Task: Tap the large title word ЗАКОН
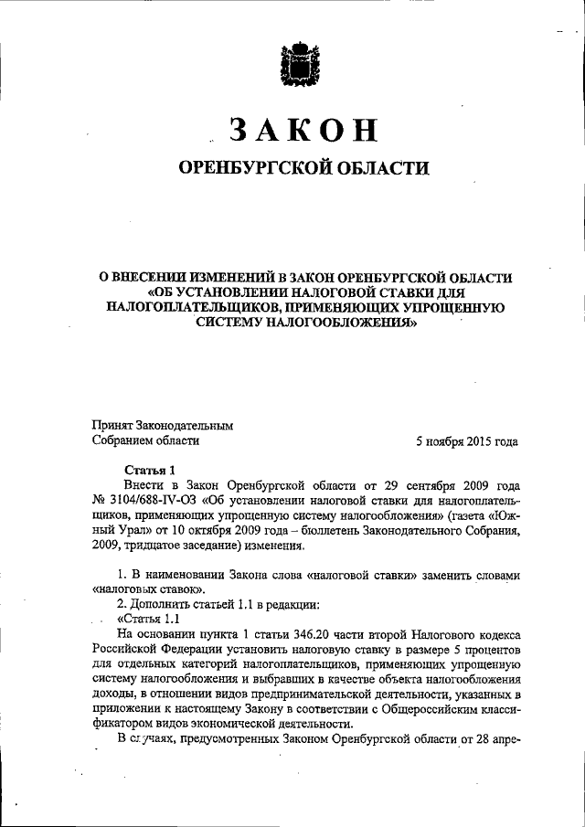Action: click(303, 132)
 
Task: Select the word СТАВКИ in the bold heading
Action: click(415, 292)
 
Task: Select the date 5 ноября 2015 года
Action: click(466, 440)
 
